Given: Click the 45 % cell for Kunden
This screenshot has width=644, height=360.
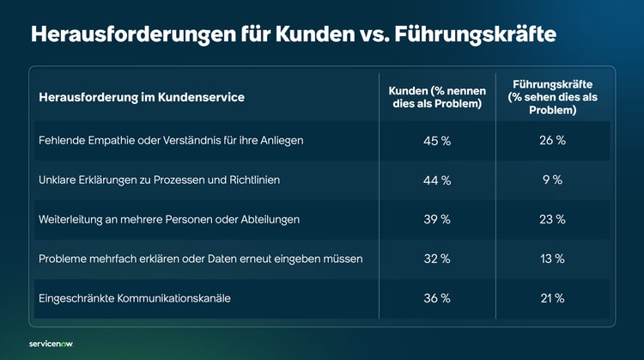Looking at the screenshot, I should click(x=437, y=141).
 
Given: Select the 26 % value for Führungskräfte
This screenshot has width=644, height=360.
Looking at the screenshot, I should click(x=552, y=141).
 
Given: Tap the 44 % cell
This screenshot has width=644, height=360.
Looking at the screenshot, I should click(x=437, y=180).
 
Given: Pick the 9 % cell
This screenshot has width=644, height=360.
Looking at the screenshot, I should click(x=552, y=180).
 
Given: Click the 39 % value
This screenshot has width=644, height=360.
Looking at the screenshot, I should click(x=437, y=220).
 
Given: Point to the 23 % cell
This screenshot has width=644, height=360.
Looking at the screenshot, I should click(x=552, y=220).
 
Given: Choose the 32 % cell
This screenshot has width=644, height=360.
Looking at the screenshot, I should click(x=437, y=259).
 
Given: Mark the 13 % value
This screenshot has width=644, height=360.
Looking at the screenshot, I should click(x=552, y=259).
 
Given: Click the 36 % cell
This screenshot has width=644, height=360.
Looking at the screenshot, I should click(x=437, y=298).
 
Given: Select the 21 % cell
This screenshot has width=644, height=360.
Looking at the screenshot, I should click(x=552, y=298).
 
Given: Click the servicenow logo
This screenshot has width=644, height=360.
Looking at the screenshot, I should click(x=51, y=343).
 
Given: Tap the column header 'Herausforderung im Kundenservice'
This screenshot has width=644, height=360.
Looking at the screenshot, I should click(x=142, y=98).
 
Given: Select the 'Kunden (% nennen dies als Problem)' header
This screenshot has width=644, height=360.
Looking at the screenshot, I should click(x=437, y=97).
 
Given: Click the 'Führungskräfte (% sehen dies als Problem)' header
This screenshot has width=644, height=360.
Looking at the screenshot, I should click(x=552, y=97).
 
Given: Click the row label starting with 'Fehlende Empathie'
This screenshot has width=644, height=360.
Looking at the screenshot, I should click(x=171, y=141).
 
